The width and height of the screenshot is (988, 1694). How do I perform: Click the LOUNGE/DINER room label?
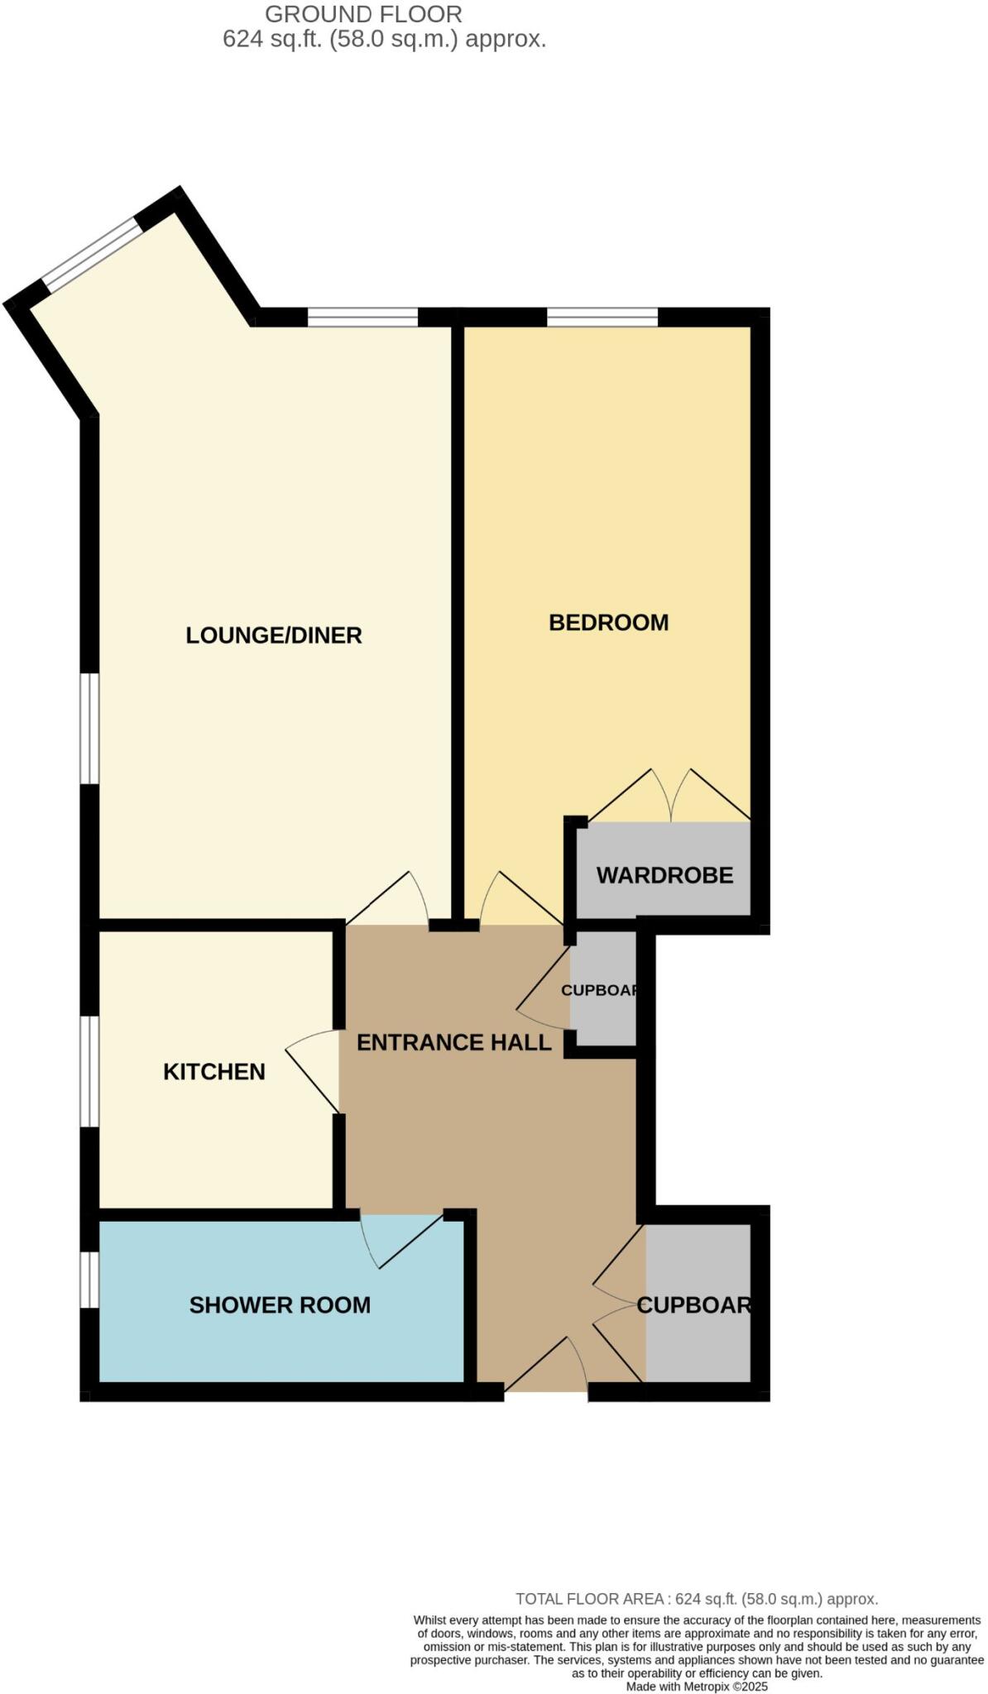[x=273, y=635]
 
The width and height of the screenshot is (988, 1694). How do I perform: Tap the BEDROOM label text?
[x=608, y=622]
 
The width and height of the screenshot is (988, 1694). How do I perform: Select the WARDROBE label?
[x=664, y=875]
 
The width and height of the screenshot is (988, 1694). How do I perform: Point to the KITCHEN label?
[x=213, y=1071]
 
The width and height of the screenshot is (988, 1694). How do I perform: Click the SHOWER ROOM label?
[x=280, y=1304]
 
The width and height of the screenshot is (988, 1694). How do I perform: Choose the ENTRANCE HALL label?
[x=453, y=1042]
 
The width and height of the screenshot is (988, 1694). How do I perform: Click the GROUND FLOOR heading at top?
[x=363, y=14]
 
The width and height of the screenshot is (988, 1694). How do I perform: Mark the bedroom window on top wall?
[x=602, y=317]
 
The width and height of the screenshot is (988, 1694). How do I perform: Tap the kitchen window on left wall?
[x=89, y=1071]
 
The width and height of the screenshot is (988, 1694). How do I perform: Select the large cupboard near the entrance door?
[x=698, y=1304]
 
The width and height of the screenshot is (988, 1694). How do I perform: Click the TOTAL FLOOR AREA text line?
[x=696, y=1599]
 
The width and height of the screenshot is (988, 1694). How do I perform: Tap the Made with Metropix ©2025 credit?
[x=697, y=1687]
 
